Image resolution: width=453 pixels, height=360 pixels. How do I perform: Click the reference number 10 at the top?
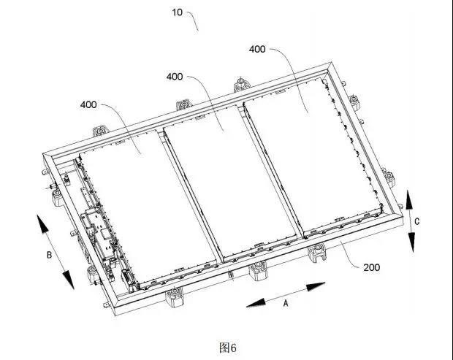(177, 12)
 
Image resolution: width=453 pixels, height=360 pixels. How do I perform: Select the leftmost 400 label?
(88, 104)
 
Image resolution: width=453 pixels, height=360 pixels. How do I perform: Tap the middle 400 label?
(175, 77)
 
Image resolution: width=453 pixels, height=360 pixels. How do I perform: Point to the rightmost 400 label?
(257, 49)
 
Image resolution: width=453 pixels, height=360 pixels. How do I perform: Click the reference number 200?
(371, 267)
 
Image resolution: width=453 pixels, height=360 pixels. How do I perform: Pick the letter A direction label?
(286, 304)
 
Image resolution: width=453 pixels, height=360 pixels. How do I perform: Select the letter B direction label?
(50, 255)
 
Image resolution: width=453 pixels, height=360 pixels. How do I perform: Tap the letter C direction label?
(417, 221)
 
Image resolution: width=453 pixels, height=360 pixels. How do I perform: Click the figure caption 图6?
(228, 348)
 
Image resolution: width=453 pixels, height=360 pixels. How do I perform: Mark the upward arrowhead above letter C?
(409, 200)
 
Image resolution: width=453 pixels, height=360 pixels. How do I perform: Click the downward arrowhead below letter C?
(411, 242)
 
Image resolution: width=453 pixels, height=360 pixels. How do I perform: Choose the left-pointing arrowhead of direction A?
(256, 303)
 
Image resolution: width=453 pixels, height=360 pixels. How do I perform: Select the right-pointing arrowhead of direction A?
(316, 286)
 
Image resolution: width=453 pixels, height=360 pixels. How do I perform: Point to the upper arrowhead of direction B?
(43, 223)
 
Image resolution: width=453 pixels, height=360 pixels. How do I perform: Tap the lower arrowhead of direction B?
(68, 280)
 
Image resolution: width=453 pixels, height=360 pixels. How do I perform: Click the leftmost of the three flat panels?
(148, 205)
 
